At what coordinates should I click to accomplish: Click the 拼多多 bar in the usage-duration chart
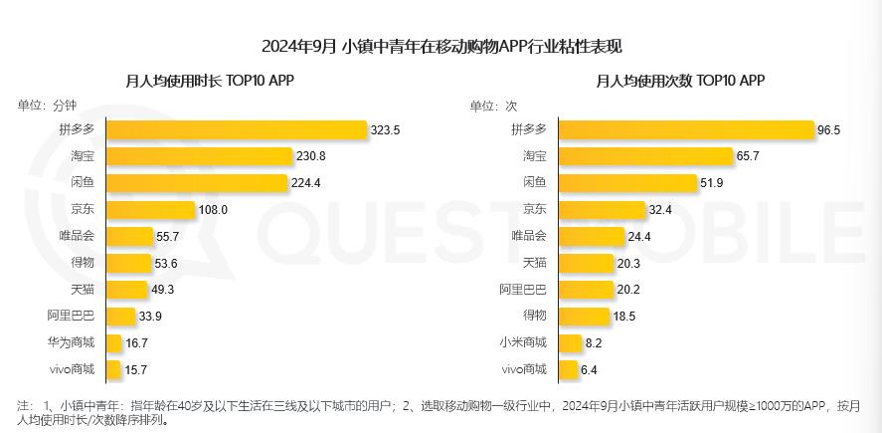tap(237, 129)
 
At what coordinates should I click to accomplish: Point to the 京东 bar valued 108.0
tap(150, 210)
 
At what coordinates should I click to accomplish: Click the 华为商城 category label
tap(71, 343)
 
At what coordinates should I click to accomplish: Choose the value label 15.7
tap(135, 370)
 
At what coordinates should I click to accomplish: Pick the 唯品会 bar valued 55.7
tap(126, 237)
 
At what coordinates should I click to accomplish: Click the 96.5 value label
tap(829, 130)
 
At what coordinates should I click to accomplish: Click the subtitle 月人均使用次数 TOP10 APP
tap(680, 81)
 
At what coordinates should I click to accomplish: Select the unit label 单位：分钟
tap(46, 106)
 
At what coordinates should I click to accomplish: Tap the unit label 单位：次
tap(493, 106)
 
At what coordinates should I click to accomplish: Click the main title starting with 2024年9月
tap(441, 47)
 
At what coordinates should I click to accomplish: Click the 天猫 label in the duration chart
tap(83, 290)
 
